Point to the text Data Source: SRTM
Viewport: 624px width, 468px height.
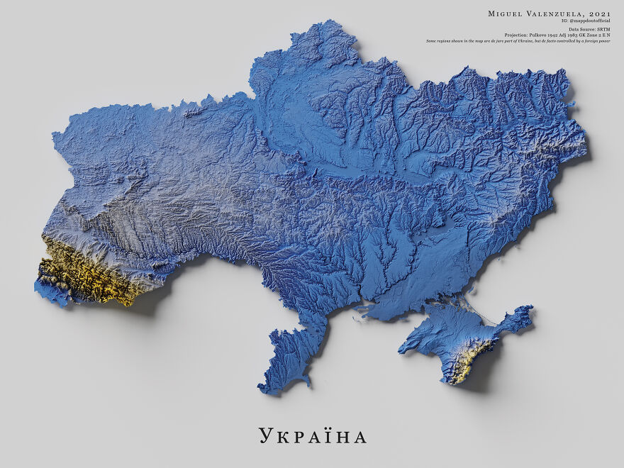click(x=589, y=29)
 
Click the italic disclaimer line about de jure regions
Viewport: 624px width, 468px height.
click(x=518, y=40)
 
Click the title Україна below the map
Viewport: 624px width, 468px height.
click(x=312, y=435)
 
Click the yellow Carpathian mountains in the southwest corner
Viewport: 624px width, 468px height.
click(x=78, y=273)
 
